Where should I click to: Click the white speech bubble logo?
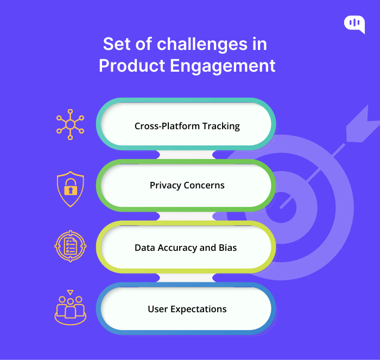(354, 24)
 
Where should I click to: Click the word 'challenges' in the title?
(202, 44)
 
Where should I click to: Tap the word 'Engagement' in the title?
(223, 66)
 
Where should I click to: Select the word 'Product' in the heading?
(132, 66)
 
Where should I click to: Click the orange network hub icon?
(70, 124)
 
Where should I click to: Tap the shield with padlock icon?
(71, 189)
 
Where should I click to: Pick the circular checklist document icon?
(71, 246)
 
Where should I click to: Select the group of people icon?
(71, 307)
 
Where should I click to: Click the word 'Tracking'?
(221, 127)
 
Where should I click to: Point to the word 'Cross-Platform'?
(167, 126)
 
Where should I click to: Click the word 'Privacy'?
(166, 186)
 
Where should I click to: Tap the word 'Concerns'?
(204, 186)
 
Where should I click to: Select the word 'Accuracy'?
(178, 248)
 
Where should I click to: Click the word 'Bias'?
(227, 248)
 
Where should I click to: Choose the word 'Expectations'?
(199, 310)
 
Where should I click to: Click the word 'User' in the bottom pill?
(158, 309)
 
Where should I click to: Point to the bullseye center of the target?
(281, 207)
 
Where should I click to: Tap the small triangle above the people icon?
(70, 292)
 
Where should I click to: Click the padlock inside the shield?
(71, 187)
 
